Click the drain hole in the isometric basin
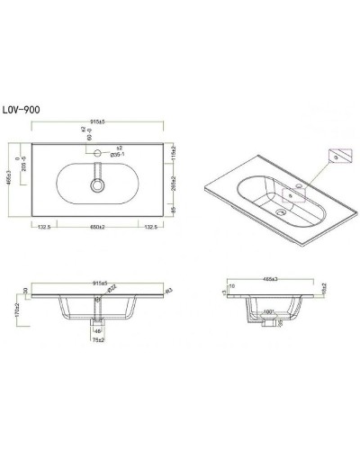[283, 213]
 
